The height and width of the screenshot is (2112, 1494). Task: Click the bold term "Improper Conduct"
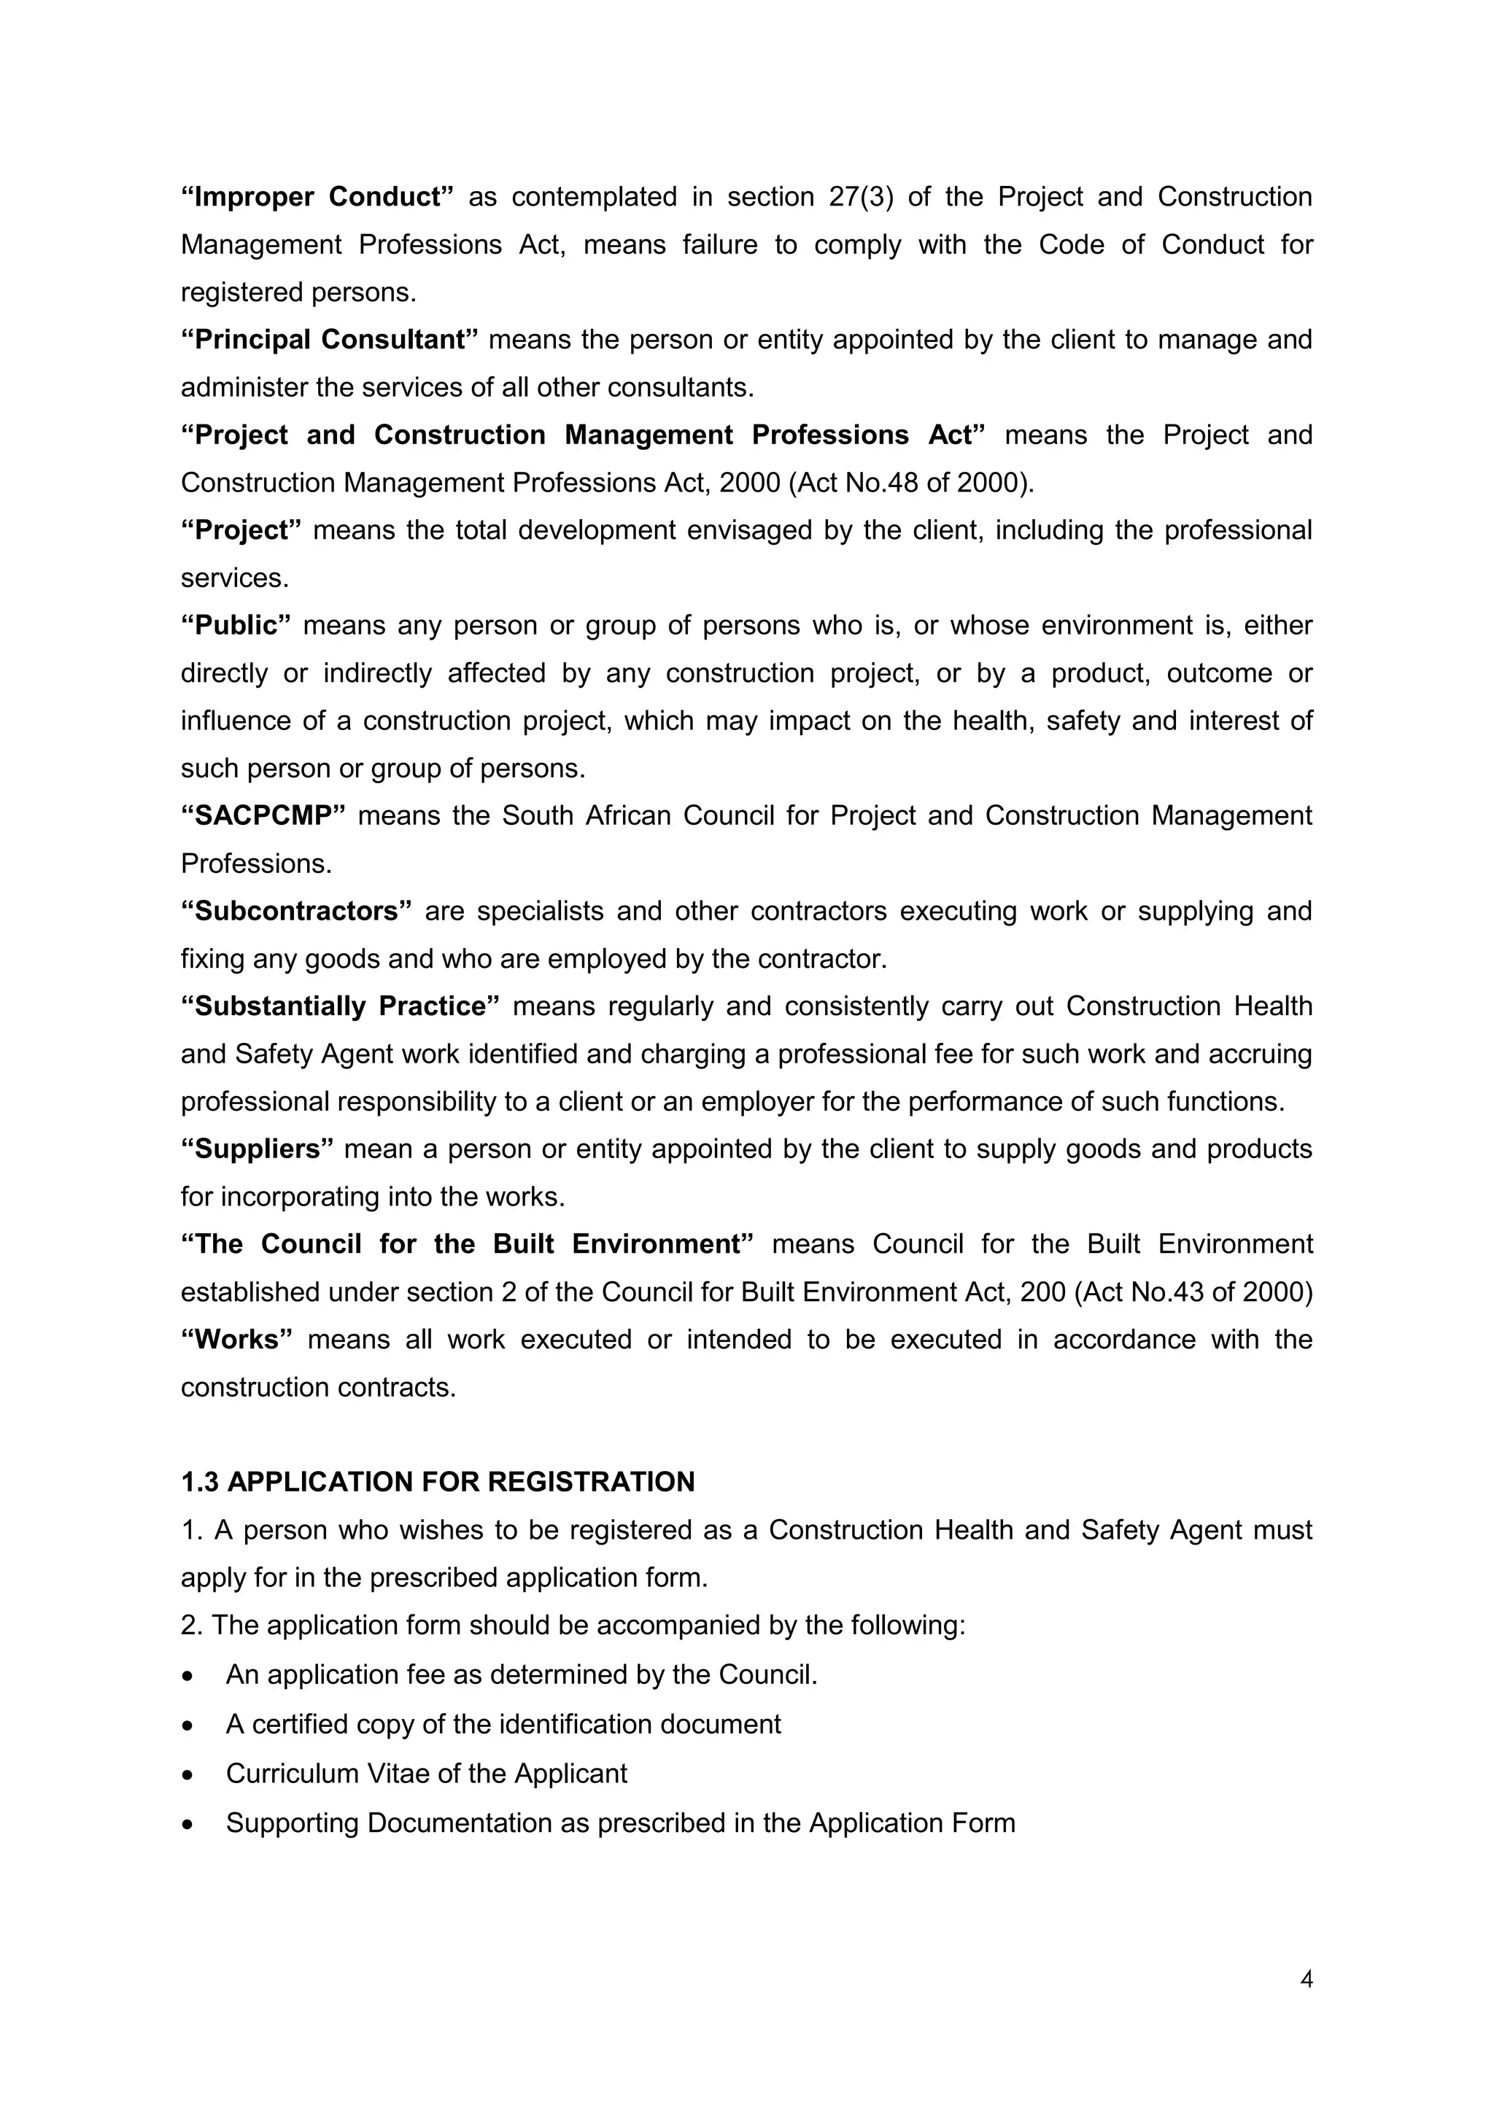point(317,197)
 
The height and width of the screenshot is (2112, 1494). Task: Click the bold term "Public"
point(236,626)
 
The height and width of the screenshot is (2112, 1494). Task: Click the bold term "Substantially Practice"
point(339,1006)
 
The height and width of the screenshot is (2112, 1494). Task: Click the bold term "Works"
point(236,1339)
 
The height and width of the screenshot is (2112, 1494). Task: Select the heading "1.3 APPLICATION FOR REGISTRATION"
point(438,1482)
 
